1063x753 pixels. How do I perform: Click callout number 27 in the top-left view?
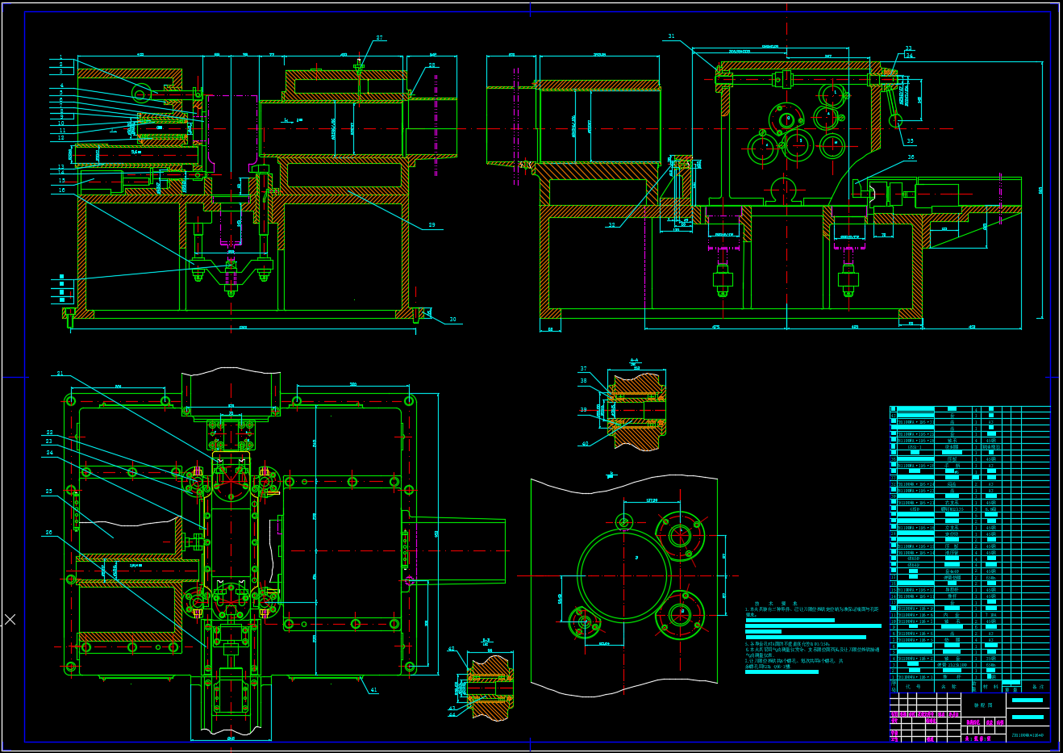(x=379, y=38)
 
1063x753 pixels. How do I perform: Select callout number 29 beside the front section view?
(x=431, y=225)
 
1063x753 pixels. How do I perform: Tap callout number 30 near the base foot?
(x=452, y=320)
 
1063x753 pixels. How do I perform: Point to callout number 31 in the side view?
(x=671, y=36)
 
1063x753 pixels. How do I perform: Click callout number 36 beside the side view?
(x=911, y=157)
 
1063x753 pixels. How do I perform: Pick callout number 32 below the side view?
(x=611, y=225)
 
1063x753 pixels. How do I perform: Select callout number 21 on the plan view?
(x=60, y=374)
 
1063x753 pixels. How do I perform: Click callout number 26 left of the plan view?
(x=48, y=533)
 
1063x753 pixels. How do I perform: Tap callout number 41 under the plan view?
(x=373, y=690)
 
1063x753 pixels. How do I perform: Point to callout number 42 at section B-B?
(x=451, y=649)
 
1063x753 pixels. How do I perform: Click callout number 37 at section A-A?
(x=583, y=369)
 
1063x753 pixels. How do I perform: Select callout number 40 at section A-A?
(x=585, y=443)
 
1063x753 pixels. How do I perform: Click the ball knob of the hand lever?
(x=894, y=120)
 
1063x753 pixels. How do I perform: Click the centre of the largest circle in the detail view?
(x=624, y=575)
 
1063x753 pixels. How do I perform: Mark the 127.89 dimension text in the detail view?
(x=652, y=500)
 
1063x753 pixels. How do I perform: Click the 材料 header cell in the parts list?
(x=990, y=687)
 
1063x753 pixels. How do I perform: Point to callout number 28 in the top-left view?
(x=431, y=65)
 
